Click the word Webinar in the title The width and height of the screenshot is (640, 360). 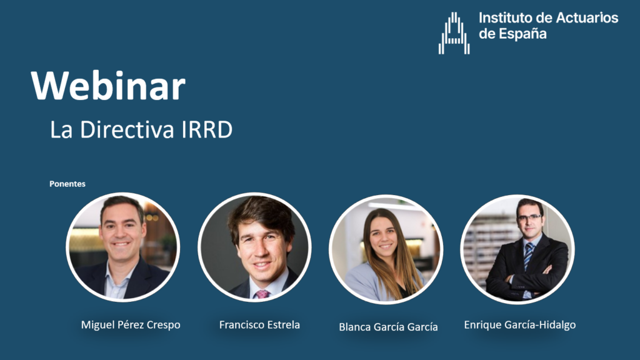[x=108, y=86]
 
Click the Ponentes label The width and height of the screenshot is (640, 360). [x=67, y=184]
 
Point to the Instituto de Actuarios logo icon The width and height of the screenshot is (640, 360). [x=454, y=33]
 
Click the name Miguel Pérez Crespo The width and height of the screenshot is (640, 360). [x=131, y=325]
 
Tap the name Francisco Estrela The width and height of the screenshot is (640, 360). [x=259, y=325]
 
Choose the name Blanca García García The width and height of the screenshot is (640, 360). [x=388, y=327]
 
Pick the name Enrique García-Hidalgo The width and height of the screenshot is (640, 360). [x=520, y=325]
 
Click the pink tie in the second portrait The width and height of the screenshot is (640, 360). [x=262, y=294]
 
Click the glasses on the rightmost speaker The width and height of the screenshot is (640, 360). [x=529, y=217]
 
